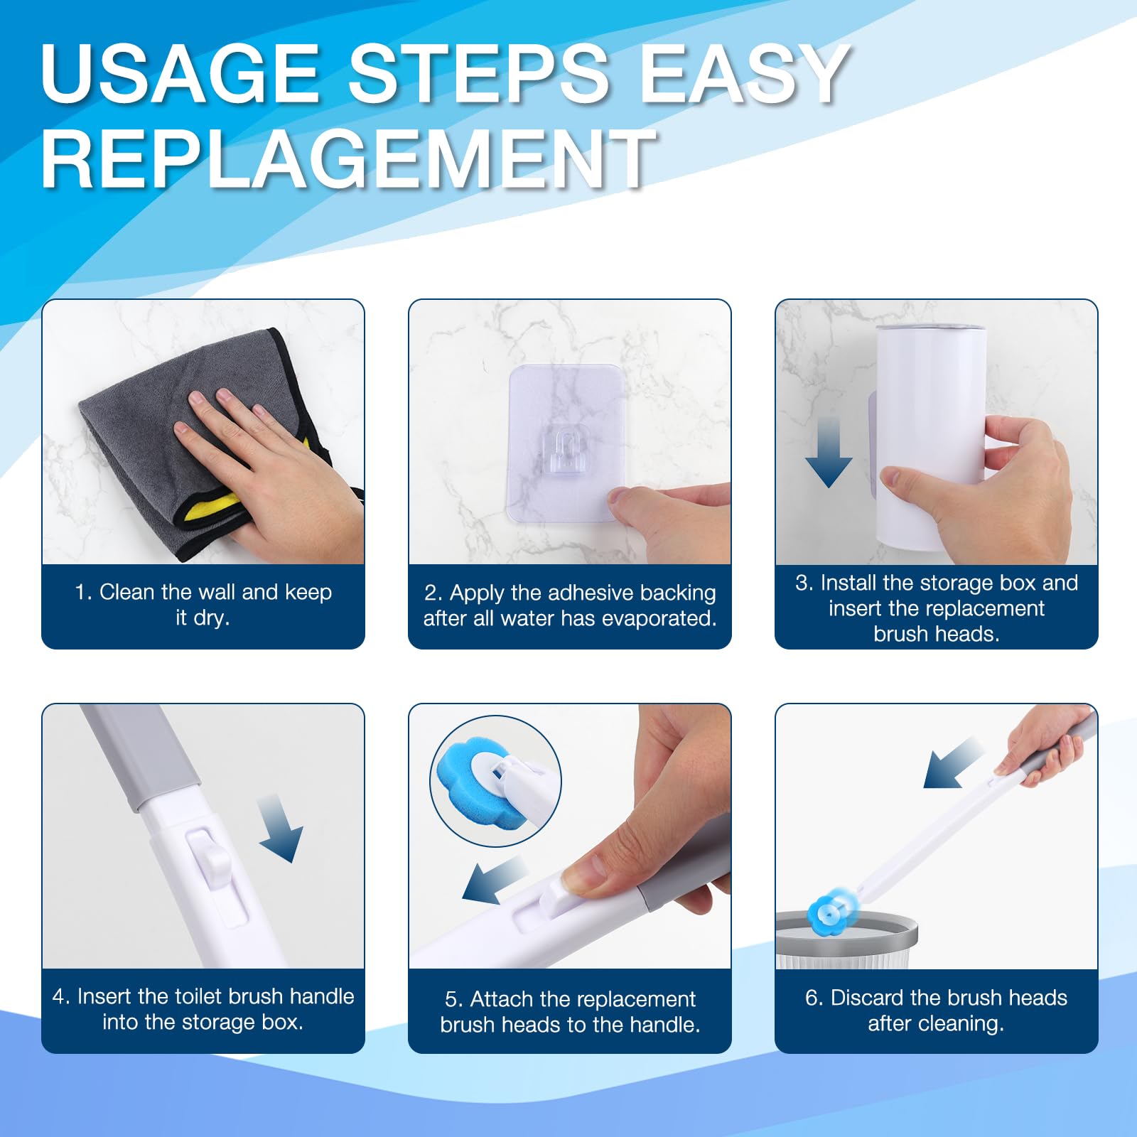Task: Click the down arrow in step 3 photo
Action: point(829,452)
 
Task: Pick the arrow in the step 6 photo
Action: point(952,763)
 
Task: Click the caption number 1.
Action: point(83,592)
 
